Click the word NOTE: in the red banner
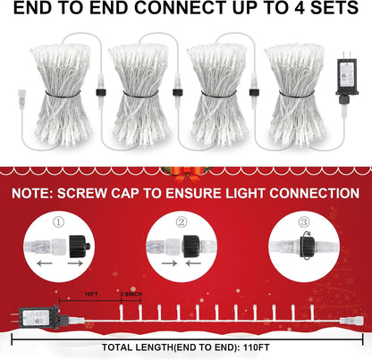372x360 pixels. (x=45, y=194)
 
